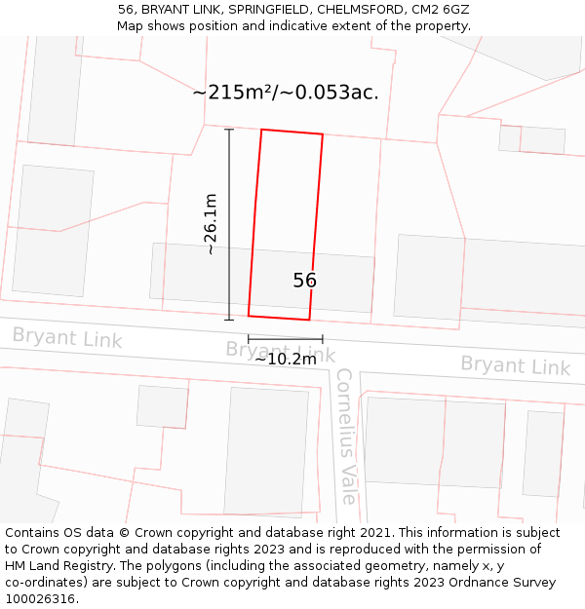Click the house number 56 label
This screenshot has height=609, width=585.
click(304, 281)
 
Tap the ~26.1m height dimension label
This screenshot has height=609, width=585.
click(211, 224)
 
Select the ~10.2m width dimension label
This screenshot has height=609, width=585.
click(286, 359)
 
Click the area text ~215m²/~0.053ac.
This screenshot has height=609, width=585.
click(286, 93)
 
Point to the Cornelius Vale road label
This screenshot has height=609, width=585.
click(345, 436)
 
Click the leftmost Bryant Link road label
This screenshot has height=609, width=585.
click(67, 339)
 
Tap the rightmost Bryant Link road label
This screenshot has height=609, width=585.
click(515, 365)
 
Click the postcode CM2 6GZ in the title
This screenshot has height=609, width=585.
click(444, 9)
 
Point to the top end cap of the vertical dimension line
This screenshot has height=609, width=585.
click(229, 130)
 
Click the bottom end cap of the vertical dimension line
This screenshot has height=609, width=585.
click(229, 319)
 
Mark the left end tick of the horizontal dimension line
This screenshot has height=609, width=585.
click(249, 339)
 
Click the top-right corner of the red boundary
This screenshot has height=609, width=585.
click(322, 134)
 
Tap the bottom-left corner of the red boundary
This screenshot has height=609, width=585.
click(249, 316)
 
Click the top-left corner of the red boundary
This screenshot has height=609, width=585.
click(261, 130)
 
